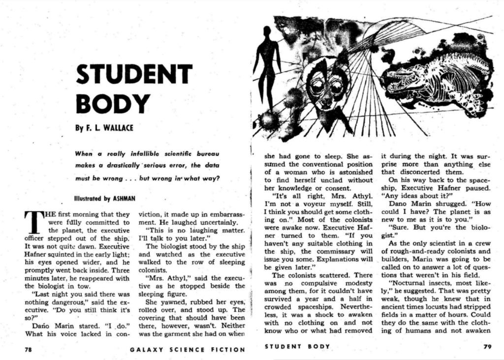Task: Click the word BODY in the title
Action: point(112,103)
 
